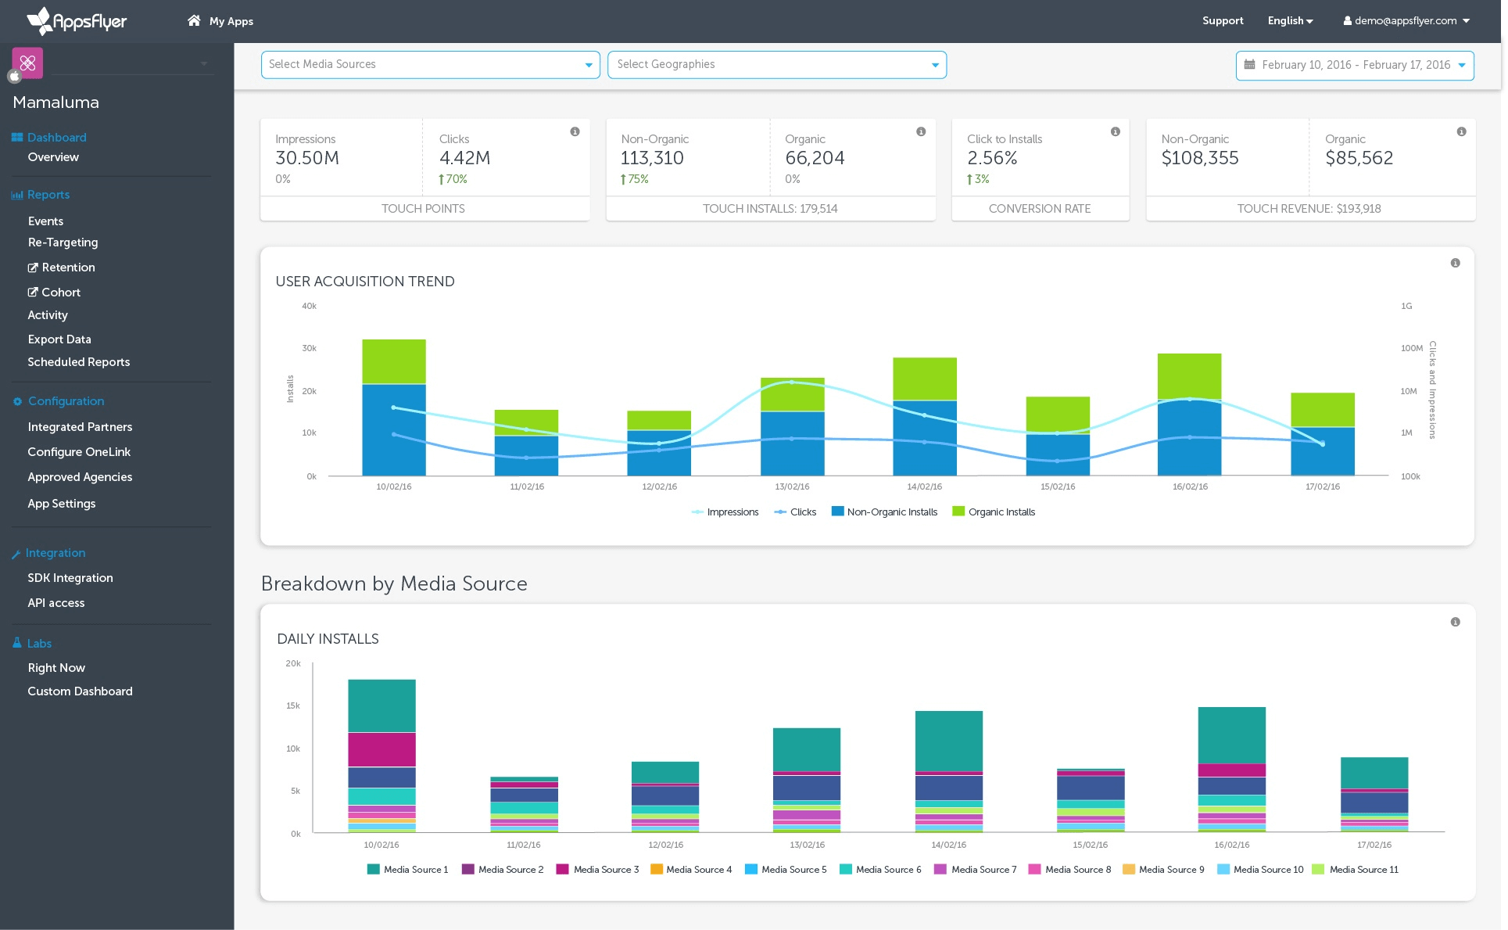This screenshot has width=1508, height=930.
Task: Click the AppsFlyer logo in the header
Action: (x=77, y=21)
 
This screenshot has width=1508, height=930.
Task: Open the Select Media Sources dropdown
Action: (x=430, y=65)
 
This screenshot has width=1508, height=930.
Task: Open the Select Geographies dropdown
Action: (x=776, y=65)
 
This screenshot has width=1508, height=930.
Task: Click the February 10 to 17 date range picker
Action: (x=1355, y=66)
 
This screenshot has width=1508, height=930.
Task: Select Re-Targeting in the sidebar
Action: (x=63, y=242)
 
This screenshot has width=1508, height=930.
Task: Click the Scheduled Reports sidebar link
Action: (x=78, y=362)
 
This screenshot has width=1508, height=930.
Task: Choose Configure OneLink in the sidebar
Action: (x=79, y=452)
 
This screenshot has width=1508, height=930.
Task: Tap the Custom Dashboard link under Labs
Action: (x=80, y=691)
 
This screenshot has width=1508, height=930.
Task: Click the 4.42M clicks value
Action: (x=464, y=158)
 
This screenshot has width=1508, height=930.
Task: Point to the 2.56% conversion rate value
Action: (x=992, y=158)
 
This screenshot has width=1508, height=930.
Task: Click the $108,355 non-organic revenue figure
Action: (x=1200, y=158)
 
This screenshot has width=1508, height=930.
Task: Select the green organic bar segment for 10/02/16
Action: (x=394, y=361)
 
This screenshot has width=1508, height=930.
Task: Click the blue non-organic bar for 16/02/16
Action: (x=1189, y=438)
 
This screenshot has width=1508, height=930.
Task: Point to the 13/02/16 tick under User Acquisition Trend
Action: (x=792, y=487)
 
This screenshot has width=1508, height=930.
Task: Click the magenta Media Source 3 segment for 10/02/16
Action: (x=381, y=749)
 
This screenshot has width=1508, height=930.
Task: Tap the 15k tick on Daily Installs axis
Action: (x=293, y=706)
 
